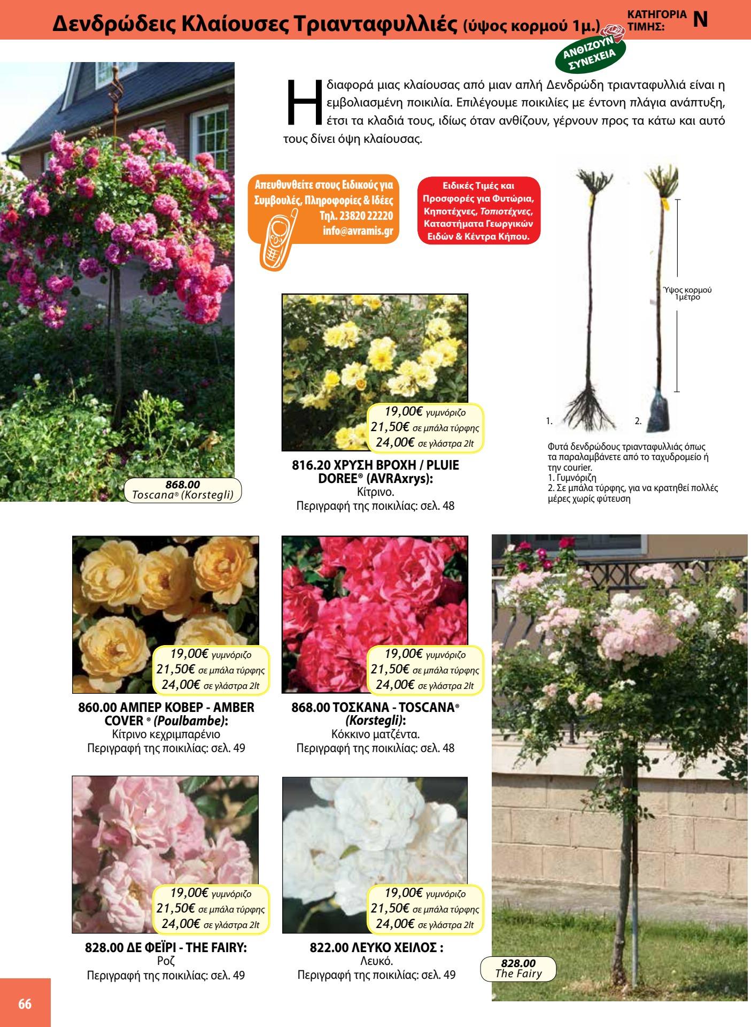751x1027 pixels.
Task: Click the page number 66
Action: coord(25,1004)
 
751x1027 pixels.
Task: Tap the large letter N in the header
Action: coord(700,19)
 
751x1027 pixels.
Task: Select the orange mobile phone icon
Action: coord(276,240)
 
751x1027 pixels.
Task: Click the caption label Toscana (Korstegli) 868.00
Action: coord(183,490)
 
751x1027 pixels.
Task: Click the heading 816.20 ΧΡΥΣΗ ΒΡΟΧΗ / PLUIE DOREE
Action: coord(375,472)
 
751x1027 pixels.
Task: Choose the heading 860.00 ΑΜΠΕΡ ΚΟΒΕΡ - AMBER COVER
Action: coord(166,714)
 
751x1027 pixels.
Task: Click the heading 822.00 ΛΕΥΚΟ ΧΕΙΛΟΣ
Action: coord(376,948)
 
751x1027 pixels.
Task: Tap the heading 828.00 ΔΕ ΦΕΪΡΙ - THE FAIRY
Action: coord(166,948)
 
